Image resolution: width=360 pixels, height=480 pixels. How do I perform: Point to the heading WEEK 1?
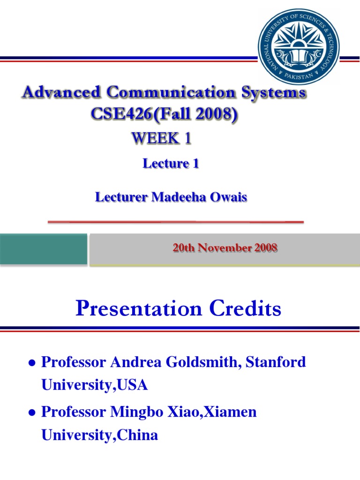click(x=161, y=139)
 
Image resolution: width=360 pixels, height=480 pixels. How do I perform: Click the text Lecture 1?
click(x=171, y=164)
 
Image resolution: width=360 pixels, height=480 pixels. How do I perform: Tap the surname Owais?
click(x=227, y=197)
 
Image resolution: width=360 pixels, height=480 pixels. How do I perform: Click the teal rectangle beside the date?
click(x=44, y=249)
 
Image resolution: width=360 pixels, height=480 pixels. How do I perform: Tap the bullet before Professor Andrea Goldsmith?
click(x=32, y=363)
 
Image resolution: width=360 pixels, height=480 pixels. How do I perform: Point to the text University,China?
click(x=99, y=435)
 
